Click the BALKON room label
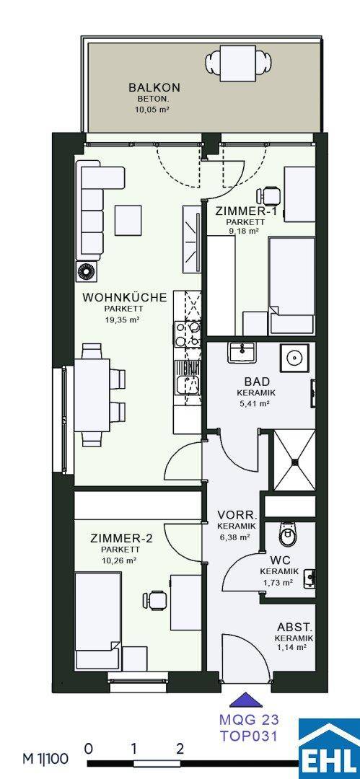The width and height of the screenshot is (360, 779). tap(154, 87)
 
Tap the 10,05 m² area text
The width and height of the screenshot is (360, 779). tap(152, 110)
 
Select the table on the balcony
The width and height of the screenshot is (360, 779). tap(240, 63)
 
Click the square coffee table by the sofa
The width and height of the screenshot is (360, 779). tap(128, 220)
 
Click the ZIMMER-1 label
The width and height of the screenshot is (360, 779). tap(240, 211)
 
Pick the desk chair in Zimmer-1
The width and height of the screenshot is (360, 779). tap(269, 195)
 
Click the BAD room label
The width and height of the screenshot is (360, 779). tap(257, 382)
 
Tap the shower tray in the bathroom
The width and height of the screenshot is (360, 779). tap(295, 460)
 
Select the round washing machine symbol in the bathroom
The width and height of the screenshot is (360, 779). tap(297, 357)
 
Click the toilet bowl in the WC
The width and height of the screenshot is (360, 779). tap(287, 535)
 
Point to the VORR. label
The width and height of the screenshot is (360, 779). tap(237, 515)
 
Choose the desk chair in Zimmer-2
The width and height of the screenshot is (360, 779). tap(154, 599)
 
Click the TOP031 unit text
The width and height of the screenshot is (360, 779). tap(249, 736)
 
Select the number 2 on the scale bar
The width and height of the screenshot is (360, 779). tap(180, 749)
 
